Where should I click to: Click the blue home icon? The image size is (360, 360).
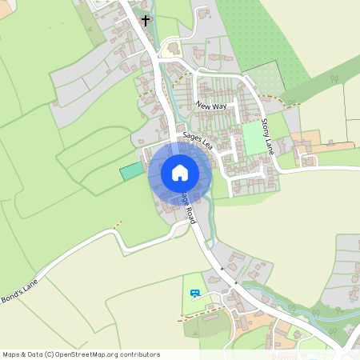(x=179, y=173)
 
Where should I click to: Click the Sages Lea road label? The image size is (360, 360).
(x=197, y=142)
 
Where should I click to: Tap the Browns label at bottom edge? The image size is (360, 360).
(x=285, y=356)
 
